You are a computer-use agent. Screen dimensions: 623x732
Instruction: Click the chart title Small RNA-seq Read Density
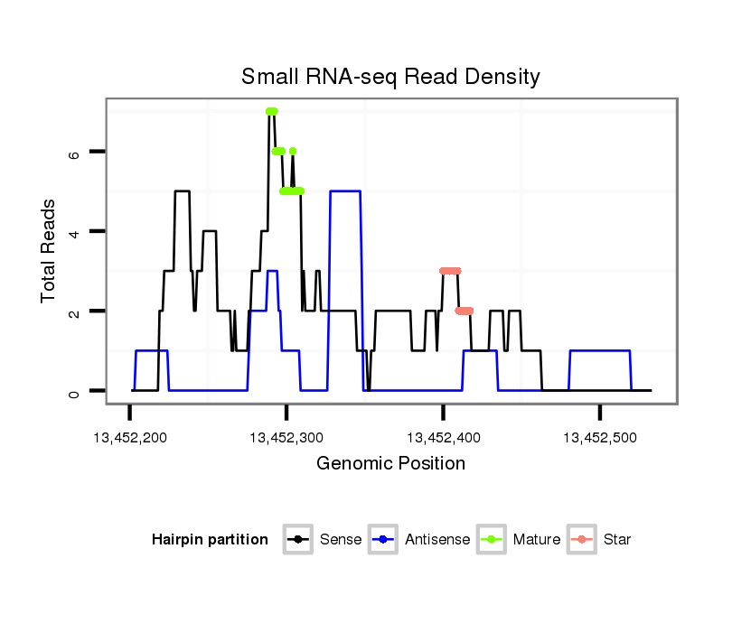390,77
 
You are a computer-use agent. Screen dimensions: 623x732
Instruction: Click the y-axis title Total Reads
50,250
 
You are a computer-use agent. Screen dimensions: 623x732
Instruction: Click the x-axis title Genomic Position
390,464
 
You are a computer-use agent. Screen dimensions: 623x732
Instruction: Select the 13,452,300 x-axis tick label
286,438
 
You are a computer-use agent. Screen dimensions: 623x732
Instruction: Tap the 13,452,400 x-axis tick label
443,438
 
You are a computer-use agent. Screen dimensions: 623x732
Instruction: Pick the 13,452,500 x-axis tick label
600,438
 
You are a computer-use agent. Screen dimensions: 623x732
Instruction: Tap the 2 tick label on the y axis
75,311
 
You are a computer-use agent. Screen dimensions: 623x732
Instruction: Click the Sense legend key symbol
297,540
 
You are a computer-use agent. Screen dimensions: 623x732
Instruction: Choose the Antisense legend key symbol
383,540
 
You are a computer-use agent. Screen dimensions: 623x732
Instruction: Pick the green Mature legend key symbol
492,540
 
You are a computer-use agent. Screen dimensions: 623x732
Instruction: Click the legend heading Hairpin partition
210,540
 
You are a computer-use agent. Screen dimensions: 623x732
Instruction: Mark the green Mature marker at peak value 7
271,111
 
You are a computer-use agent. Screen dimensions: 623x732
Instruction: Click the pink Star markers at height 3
450,271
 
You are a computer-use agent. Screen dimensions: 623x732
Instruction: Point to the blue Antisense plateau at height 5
345,191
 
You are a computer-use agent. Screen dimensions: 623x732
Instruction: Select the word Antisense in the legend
437,540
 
